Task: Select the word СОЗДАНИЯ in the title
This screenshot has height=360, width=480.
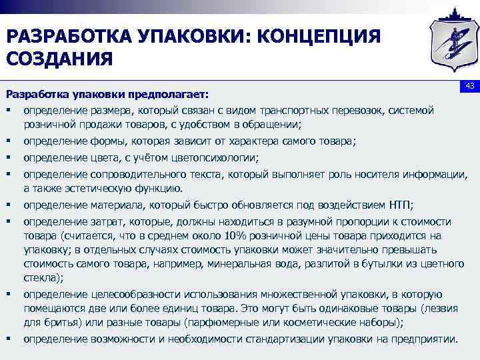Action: pyautogui.click(x=59, y=59)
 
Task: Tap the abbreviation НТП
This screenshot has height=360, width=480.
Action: pyautogui.click(x=397, y=204)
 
